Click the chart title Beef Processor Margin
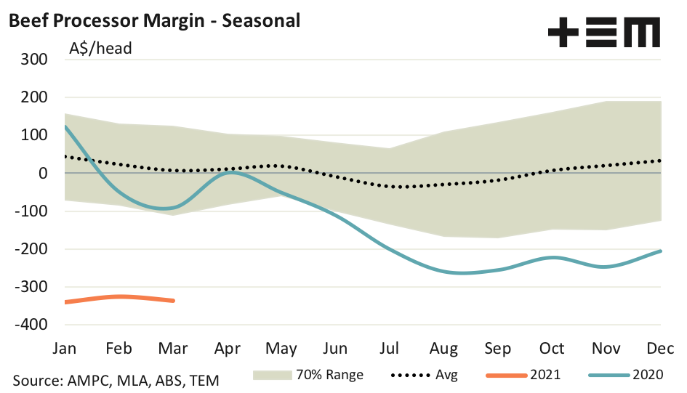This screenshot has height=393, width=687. (x=153, y=20)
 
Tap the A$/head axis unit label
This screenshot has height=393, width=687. (x=100, y=49)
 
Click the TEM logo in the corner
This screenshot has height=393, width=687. (x=603, y=33)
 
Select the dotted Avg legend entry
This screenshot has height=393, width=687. (x=425, y=376)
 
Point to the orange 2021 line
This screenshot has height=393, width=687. (x=120, y=296)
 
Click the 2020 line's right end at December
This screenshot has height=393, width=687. (x=660, y=251)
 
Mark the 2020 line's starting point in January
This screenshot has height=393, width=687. (x=65, y=126)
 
